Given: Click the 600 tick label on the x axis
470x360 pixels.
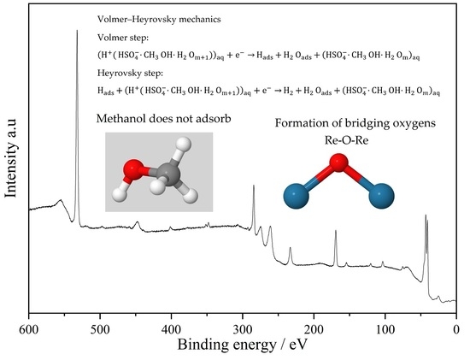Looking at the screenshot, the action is [29, 329].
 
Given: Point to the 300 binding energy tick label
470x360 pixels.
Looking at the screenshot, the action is [243, 329].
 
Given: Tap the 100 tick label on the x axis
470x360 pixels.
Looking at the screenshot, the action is [385, 329].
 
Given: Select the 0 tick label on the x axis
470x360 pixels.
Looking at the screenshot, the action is [456, 329].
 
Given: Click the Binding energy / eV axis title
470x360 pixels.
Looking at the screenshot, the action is [243, 345].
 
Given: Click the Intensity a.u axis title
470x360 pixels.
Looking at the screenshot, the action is [11, 157].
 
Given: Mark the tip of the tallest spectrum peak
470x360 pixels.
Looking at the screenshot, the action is [77, 30].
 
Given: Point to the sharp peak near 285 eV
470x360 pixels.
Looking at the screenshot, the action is [254, 186].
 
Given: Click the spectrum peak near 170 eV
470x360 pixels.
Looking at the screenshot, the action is [336, 230].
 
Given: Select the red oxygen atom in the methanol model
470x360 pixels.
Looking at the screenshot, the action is [132, 169].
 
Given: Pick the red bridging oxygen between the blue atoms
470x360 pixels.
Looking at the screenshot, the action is [338, 162].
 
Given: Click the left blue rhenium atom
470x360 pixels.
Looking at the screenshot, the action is [297, 196].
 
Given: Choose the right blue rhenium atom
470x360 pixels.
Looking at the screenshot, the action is [382, 196].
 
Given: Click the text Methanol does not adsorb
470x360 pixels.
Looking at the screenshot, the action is [164, 119].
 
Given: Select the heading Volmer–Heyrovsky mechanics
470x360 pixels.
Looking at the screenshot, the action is [159, 20].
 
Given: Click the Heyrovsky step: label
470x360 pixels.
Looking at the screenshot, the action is [131, 74].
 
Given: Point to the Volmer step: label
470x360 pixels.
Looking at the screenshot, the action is [123, 38].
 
